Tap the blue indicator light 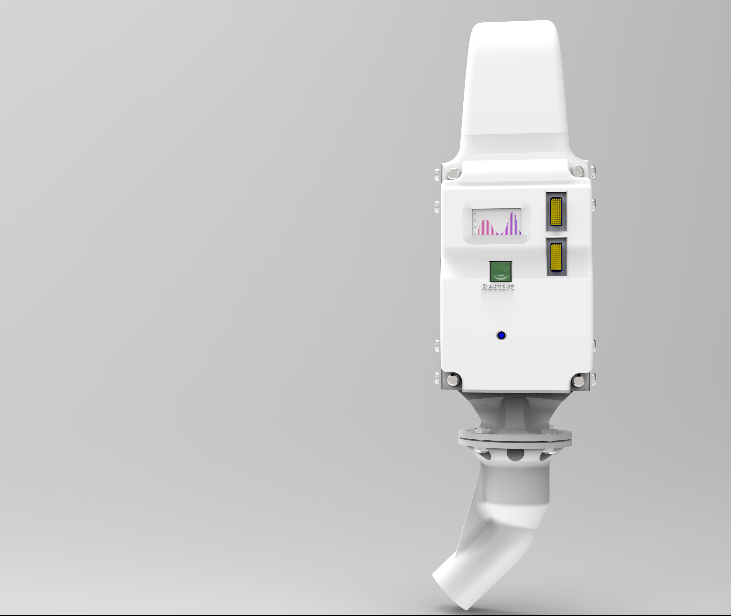(501, 335)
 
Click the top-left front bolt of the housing (453, 173)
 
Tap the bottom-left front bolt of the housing (453, 379)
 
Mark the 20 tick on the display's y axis (475, 227)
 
